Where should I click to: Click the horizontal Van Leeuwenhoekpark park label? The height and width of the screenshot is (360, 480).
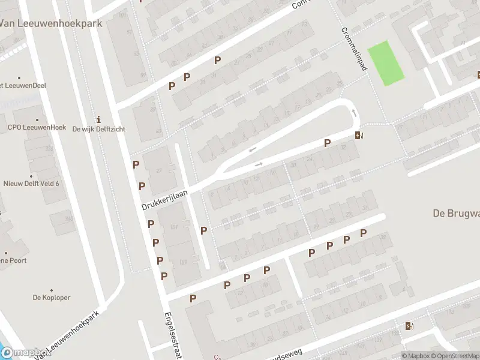tap(51, 23)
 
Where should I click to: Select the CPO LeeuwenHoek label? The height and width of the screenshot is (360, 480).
tap(37, 127)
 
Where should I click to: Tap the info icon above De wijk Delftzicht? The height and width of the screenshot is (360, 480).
tap(98, 118)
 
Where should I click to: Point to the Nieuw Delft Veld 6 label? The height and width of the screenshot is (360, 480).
tap(31, 184)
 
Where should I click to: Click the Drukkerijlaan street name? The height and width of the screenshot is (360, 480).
tap(165, 198)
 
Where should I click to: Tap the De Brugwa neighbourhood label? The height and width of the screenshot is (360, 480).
tap(456, 213)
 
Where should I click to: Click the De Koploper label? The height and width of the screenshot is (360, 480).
tap(52, 297)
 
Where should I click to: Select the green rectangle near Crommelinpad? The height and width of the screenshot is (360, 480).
tap(386, 63)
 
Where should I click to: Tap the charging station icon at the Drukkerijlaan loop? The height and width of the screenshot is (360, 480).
tap(359, 135)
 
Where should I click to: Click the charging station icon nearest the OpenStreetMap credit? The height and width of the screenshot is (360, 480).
tap(409, 326)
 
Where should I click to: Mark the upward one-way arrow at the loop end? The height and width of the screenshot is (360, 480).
tap(354, 112)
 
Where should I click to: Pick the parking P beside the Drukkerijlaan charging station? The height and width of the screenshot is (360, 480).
tap(327, 143)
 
